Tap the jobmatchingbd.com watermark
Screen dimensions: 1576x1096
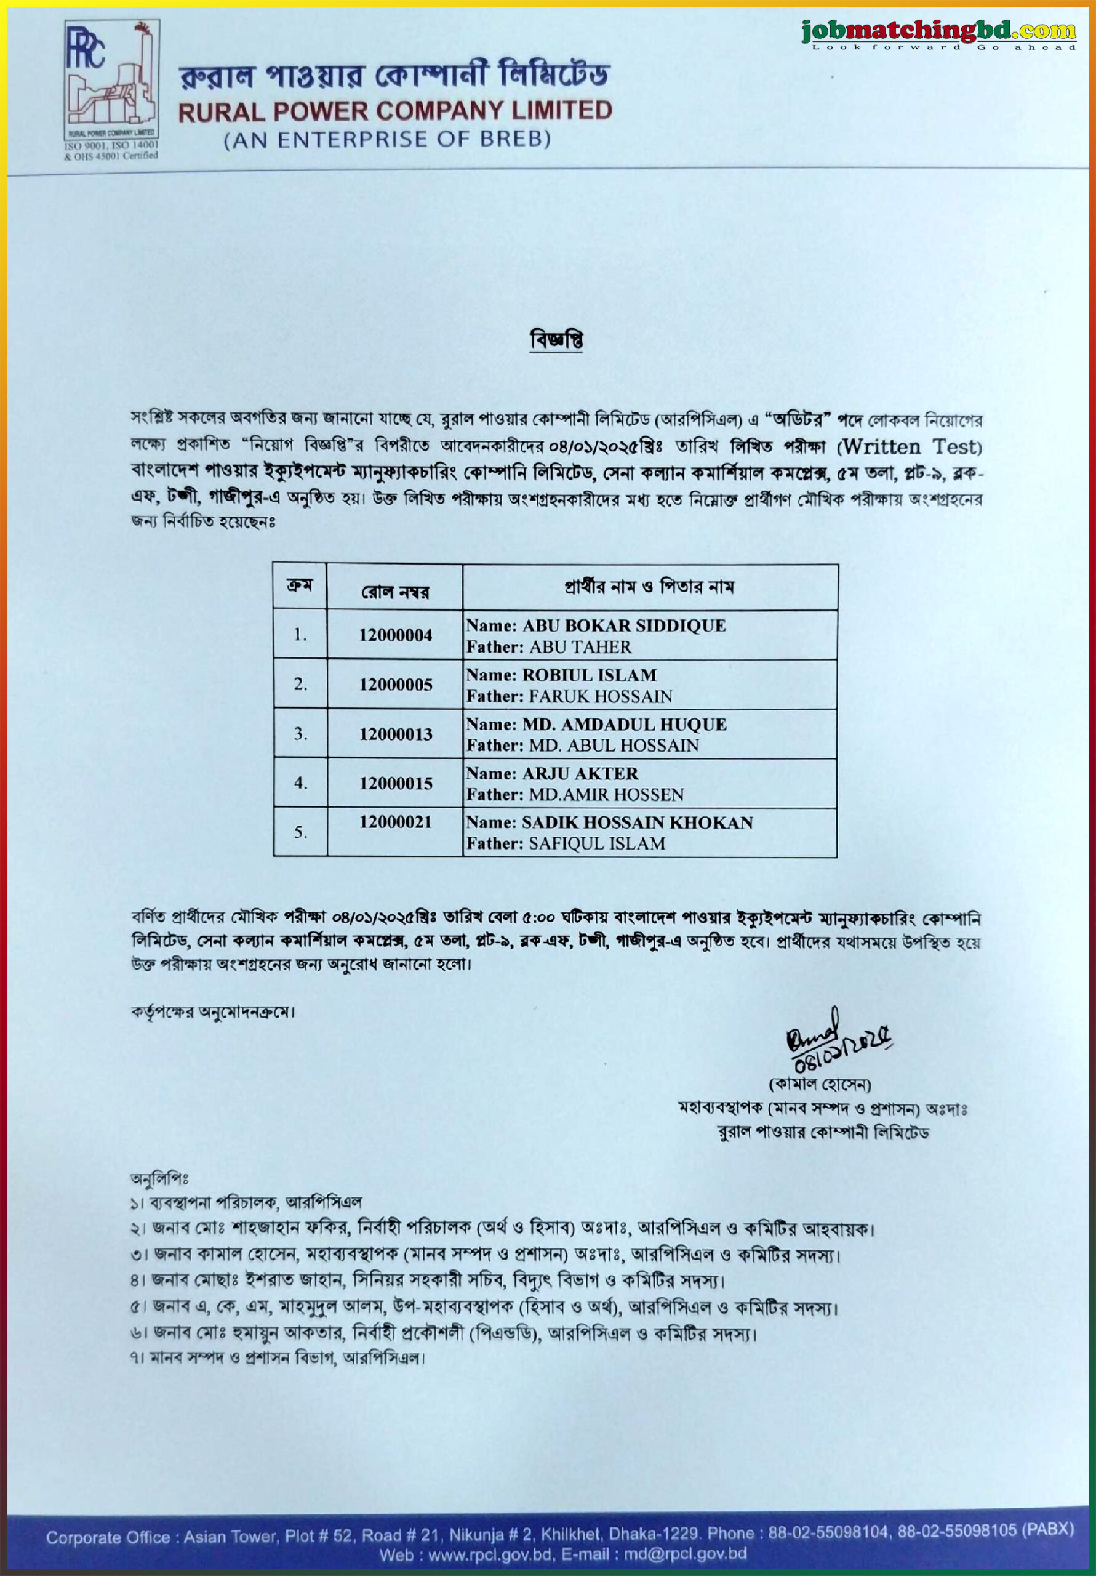pyautogui.click(x=938, y=32)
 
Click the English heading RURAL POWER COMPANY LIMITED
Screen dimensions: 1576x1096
pyautogui.click(x=395, y=111)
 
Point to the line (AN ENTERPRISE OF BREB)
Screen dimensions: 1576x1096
pyautogui.click(x=388, y=140)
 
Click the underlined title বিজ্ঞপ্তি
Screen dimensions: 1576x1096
pyautogui.click(x=556, y=340)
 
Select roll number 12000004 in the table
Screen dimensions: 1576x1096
pyautogui.click(x=395, y=635)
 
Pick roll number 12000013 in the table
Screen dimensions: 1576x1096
pyautogui.click(x=395, y=734)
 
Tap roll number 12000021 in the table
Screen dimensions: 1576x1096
pyautogui.click(x=395, y=822)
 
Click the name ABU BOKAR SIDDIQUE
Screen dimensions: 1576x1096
pyautogui.click(x=624, y=625)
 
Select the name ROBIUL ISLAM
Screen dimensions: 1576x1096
pyautogui.click(x=590, y=675)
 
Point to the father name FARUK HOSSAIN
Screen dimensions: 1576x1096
pyautogui.click(x=600, y=696)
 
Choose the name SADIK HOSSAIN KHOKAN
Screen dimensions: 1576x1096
pyautogui.click(x=637, y=822)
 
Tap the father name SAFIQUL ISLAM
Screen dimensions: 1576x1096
pyautogui.click(x=596, y=843)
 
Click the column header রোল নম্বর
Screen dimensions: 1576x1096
pyautogui.click(x=395, y=592)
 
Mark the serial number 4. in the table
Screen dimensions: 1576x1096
pyautogui.click(x=300, y=782)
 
